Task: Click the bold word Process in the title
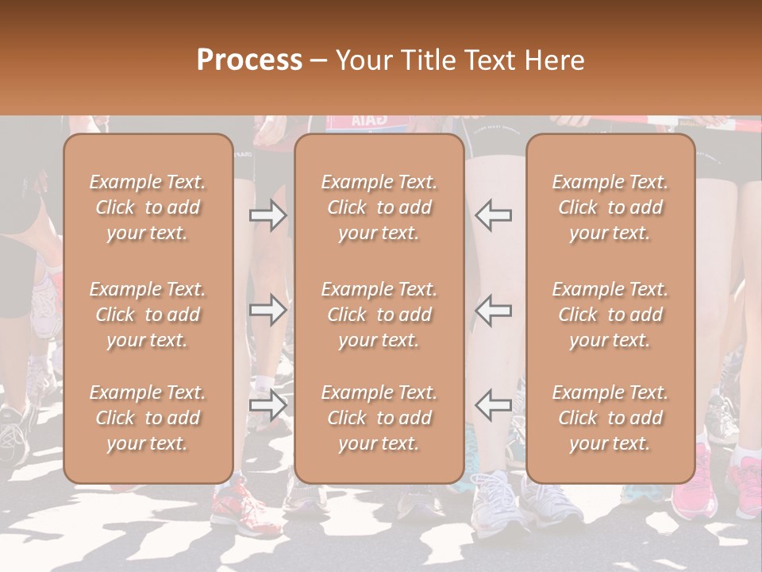[x=249, y=60]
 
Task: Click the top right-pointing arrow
[x=267, y=215]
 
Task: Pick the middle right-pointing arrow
[x=267, y=310]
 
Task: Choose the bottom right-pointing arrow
[x=267, y=404]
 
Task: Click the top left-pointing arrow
[x=494, y=215]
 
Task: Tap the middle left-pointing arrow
[x=494, y=310]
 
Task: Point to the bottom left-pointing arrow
[x=494, y=404]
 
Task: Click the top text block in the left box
[x=148, y=207]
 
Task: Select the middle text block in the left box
[x=148, y=315]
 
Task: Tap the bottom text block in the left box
[x=148, y=418]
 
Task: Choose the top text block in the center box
[x=379, y=207]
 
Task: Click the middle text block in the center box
[x=379, y=315]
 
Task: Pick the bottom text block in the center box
[x=379, y=418]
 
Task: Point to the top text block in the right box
[x=610, y=207]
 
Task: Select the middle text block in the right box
[x=610, y=315]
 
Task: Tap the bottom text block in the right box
[x=610, y=418]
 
